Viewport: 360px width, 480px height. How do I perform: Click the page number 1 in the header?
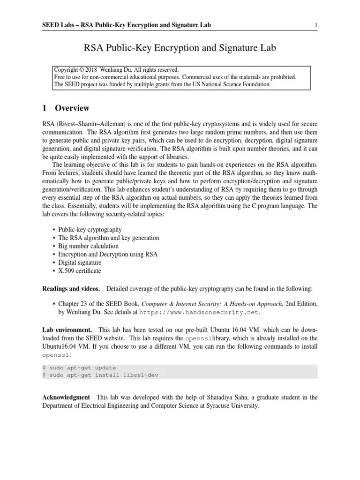[317, 25]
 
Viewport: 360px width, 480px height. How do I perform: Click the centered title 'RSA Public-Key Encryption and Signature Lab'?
[180, 47]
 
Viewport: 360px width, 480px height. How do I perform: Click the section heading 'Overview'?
[72, 108]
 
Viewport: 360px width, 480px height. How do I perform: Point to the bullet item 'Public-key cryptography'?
[90, 230]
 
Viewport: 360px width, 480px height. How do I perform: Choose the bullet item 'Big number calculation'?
[88, 246]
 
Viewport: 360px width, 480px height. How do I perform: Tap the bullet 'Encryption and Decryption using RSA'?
[108, 255]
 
